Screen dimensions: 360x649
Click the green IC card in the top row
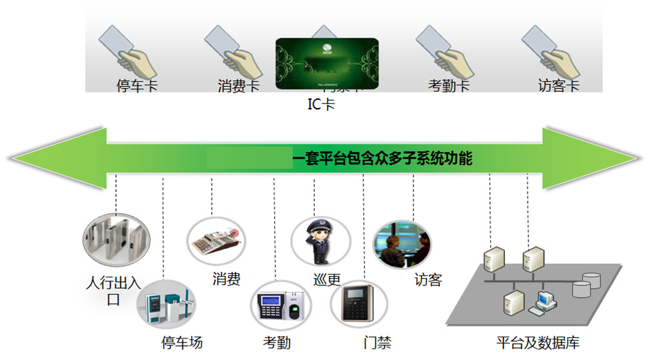click(x=327, y=63)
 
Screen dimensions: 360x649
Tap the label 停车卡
click(x=137, y=86)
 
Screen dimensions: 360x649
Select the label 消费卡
click(x=238, y=86)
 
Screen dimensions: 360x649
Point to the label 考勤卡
click(x=449, y=86)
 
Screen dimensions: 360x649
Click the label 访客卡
click(x=558, y=86)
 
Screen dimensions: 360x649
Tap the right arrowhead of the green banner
click(x=587, y=158)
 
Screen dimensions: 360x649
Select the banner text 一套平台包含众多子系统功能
click(x=383, y=159)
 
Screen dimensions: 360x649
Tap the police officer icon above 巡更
click(x=315, y=239)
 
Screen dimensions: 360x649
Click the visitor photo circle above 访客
click(x=402, y=245)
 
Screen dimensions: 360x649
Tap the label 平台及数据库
click(x=538, y=343)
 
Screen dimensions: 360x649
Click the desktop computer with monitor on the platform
click(x=542, y=303)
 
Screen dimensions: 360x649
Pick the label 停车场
click(x=182, y=343)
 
